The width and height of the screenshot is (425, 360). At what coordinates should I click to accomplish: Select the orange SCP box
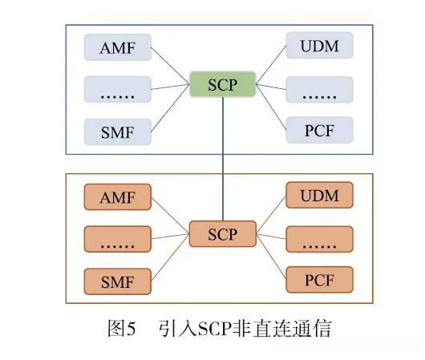pos(223,234)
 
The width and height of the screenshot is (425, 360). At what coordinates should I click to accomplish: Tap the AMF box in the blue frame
pos(118,48)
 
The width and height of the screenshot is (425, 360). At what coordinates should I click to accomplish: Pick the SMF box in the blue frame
pos(118,130)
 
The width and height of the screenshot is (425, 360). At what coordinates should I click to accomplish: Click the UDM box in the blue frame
pos(319,47)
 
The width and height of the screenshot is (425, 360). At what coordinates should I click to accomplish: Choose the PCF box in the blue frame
pos(319,128)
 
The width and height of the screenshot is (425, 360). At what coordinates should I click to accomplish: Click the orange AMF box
pos(118,198)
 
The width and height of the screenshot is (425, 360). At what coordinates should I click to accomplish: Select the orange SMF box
pos(118,281)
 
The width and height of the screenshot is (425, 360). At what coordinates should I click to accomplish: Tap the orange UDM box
pos(319,196)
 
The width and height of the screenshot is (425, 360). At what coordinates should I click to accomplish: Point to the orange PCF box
pos(319,279)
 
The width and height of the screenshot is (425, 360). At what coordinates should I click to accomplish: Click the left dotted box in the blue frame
pos(118,90)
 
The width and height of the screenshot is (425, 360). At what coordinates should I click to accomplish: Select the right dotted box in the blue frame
pos(319,88)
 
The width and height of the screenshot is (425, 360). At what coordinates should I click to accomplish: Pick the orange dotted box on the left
pos(118,239)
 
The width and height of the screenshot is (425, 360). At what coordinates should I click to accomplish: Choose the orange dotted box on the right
pos(319,238)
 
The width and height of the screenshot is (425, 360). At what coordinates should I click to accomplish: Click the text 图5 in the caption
pos(123,328)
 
